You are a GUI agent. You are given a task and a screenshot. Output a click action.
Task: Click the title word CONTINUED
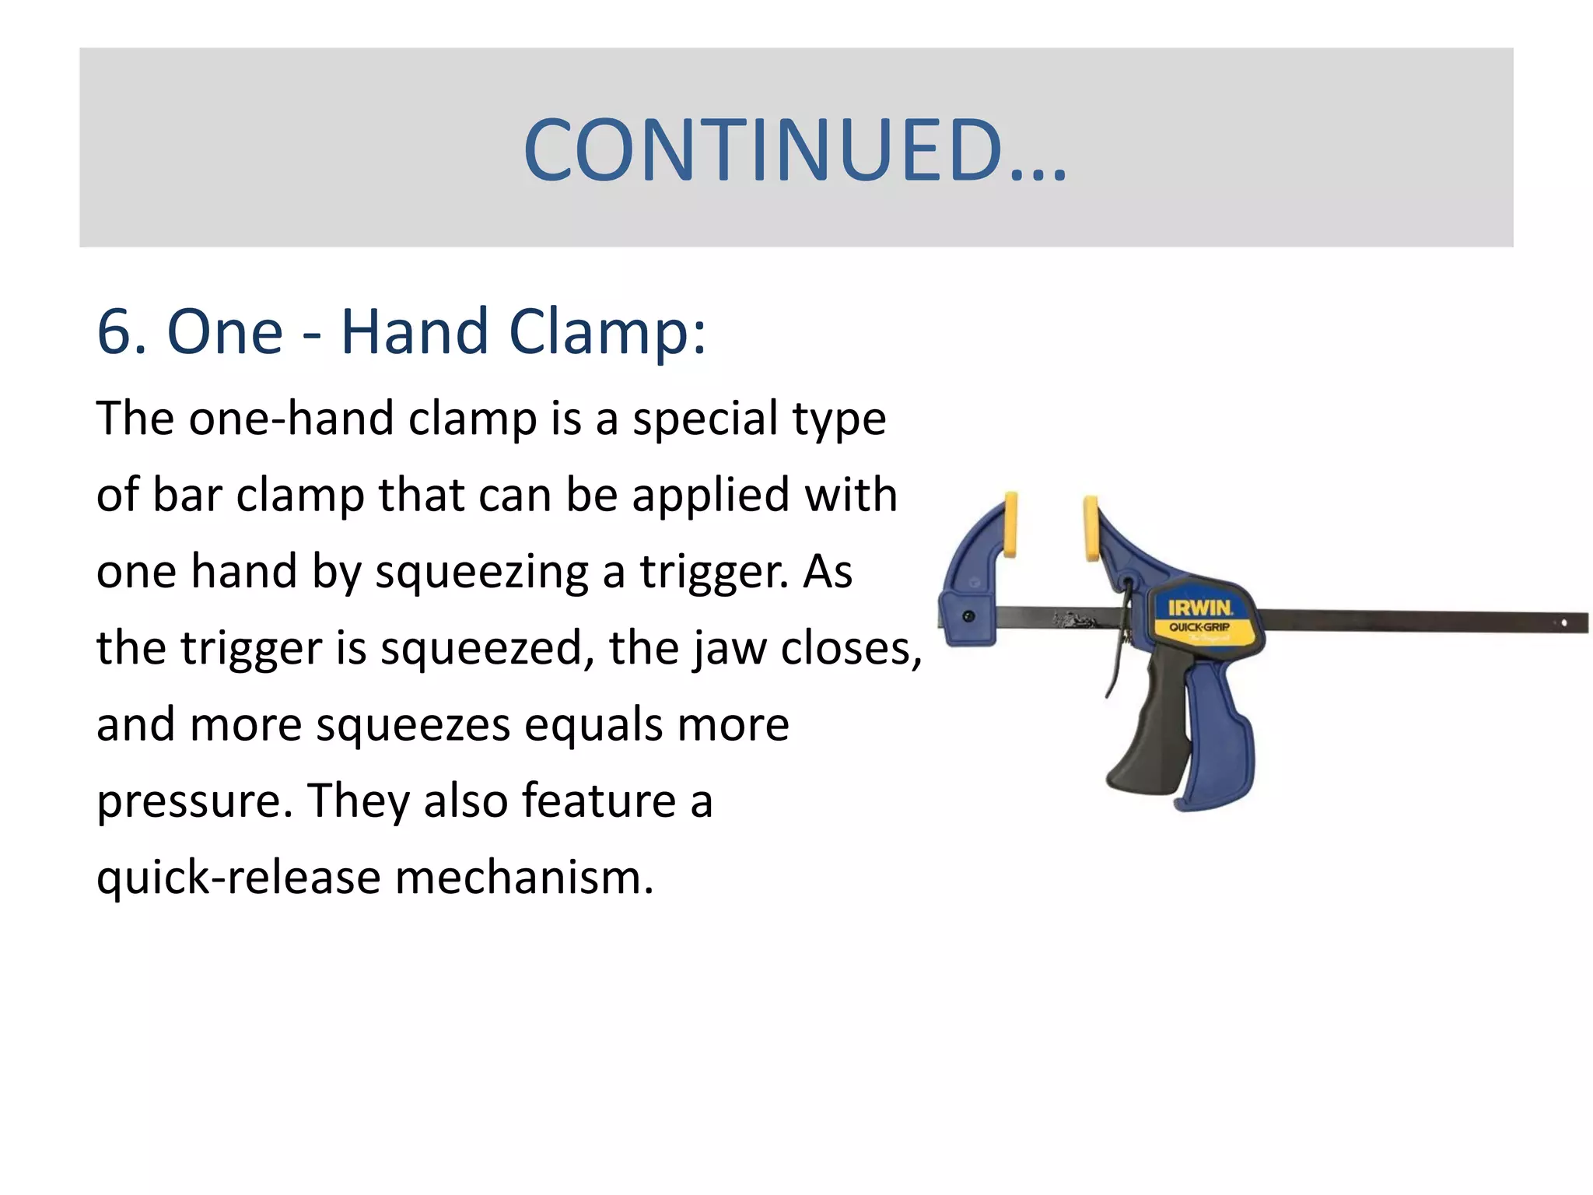795,149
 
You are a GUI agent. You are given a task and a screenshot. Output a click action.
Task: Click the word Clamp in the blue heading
607,332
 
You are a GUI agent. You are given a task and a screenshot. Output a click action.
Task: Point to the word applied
710,496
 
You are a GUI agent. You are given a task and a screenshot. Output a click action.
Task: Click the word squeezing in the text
481,573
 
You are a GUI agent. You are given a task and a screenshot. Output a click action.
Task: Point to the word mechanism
524,878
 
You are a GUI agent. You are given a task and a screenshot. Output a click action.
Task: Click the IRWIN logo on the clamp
1200,608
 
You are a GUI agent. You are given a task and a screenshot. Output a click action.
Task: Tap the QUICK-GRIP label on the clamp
1199,627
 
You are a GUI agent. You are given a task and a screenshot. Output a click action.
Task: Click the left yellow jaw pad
1010,524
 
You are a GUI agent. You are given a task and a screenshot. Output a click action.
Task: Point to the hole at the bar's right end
1564,623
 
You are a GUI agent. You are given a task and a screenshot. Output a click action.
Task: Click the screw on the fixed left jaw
968,616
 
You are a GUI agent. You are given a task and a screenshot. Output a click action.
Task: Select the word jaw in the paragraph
729,649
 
